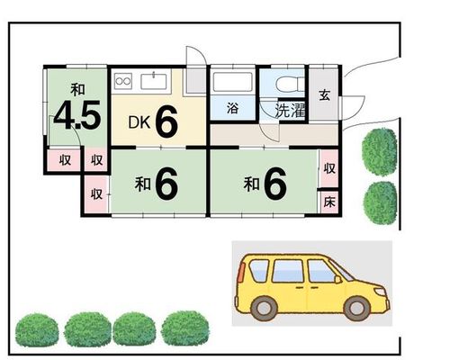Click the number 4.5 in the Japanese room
pyautogui.click(x=77, y=115)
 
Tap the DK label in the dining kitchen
pyautogui.click(x=139, y=122)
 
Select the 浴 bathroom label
pyautogui.click(x=232, y=108)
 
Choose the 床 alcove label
pyautogui.click(x=329, y=202)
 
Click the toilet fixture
pyautogui.click(x=290, y=84)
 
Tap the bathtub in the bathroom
pyautogui.click(x=232, y=82)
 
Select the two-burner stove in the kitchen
pyautogui.click(x=123, y=81)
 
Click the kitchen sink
pyautogui.click(x=154, y=81)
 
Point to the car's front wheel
pyautogui.click(x=357, y=308)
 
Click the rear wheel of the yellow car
pyautogui.click(x=264, y=308)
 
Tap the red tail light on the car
pyautogui.click(x=241, y=272)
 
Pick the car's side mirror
pyautogui.click(x=338, y=280)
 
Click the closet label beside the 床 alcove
pyautogui.click(x=329, y=168)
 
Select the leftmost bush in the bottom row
pyautogui.click(x=37, y=329)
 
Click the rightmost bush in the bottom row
pyautogui.click(x=185, y=328)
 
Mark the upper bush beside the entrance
pyautogui.click(x=380, y=152)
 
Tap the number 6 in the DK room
pyautogui.click(x=166, y=121)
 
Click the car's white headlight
pyautogui.click(x=381, y=291)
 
